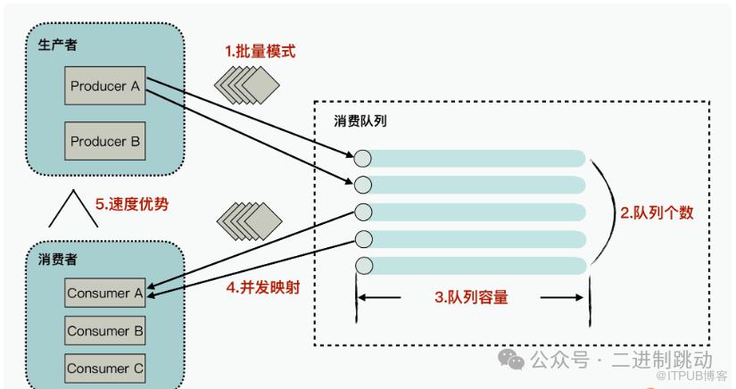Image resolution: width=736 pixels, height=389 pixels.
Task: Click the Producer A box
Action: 105,87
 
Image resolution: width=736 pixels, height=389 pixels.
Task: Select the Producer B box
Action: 105,141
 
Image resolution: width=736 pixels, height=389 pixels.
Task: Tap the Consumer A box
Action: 105,293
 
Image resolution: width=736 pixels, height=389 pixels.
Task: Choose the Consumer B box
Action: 105,330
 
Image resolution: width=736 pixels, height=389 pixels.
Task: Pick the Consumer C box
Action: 105,368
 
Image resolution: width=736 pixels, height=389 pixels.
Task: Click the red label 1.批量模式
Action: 260,51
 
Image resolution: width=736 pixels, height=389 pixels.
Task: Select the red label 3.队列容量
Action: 471,298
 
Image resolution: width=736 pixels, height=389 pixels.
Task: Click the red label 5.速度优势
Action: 131,203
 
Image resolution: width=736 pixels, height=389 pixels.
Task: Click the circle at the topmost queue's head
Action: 362,159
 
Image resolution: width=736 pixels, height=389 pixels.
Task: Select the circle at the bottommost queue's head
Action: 362,265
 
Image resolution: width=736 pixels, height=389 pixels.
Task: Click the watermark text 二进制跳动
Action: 667,360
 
